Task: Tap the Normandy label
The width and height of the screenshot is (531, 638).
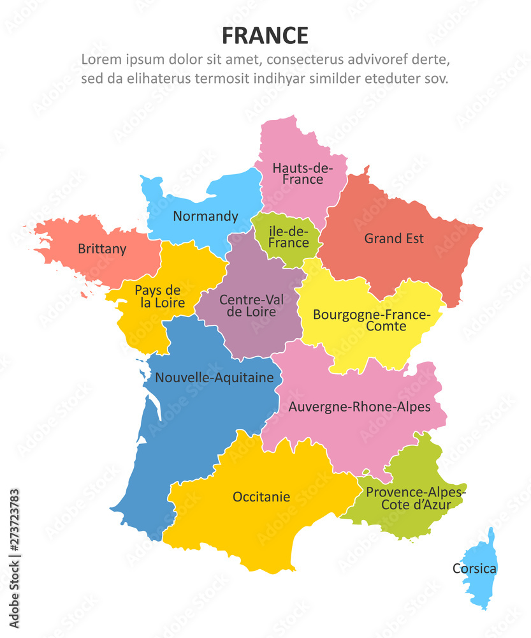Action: click(205, 216)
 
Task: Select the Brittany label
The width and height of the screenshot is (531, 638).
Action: click(102, 249)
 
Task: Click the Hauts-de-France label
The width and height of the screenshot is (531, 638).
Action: click(303, 174)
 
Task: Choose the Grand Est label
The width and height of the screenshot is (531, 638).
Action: click(394, 239)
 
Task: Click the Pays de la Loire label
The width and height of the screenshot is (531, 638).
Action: click(157, 297)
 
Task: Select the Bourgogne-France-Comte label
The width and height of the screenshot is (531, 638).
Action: click(371, 320)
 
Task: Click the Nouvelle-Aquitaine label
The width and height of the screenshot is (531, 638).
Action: click(215, 378)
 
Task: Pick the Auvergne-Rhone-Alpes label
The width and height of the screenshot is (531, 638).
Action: click(360, 406)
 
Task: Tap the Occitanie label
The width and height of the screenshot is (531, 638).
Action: click(261, 496)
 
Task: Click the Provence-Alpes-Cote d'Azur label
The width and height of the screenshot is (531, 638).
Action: click(416, 499)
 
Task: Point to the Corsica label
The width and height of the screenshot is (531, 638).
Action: click(474, 568)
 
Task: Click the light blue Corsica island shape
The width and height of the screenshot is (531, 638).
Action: click(483, 587)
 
